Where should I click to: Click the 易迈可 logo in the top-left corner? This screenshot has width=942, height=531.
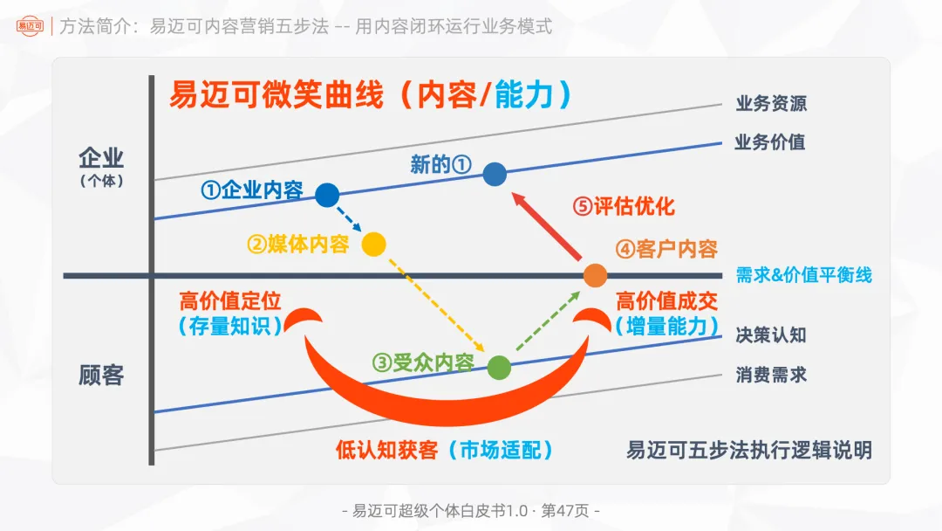[x=30, y=26]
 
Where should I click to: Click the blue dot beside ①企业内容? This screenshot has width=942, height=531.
[x=327, y=195]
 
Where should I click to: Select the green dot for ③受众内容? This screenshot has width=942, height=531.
[x=498, y=367]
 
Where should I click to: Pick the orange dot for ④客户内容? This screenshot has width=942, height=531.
[x=595, y=275]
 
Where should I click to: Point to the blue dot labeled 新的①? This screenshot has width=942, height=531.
[x=495, y=175]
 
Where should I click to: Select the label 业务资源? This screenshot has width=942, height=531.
[x=771, y=104]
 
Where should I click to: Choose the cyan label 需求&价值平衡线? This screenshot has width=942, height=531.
[x=803, y=274]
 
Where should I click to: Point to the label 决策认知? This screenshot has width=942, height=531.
[x=770, y=334]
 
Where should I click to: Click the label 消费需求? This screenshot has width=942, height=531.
[x=770, y=375]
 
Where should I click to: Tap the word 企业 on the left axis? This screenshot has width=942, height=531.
[x=101, y=158]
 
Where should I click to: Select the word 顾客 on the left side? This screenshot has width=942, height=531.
[x=101, y=376]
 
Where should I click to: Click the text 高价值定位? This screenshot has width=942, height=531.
[x=230, y=301]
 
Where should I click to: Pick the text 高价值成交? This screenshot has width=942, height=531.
[x=666, y=301]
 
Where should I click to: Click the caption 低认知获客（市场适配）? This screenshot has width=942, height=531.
[x=445, y=450]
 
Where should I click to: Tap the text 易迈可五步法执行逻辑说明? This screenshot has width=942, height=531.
[x=748, y=451]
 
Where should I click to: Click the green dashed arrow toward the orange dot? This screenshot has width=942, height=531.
[x=548, y=321]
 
